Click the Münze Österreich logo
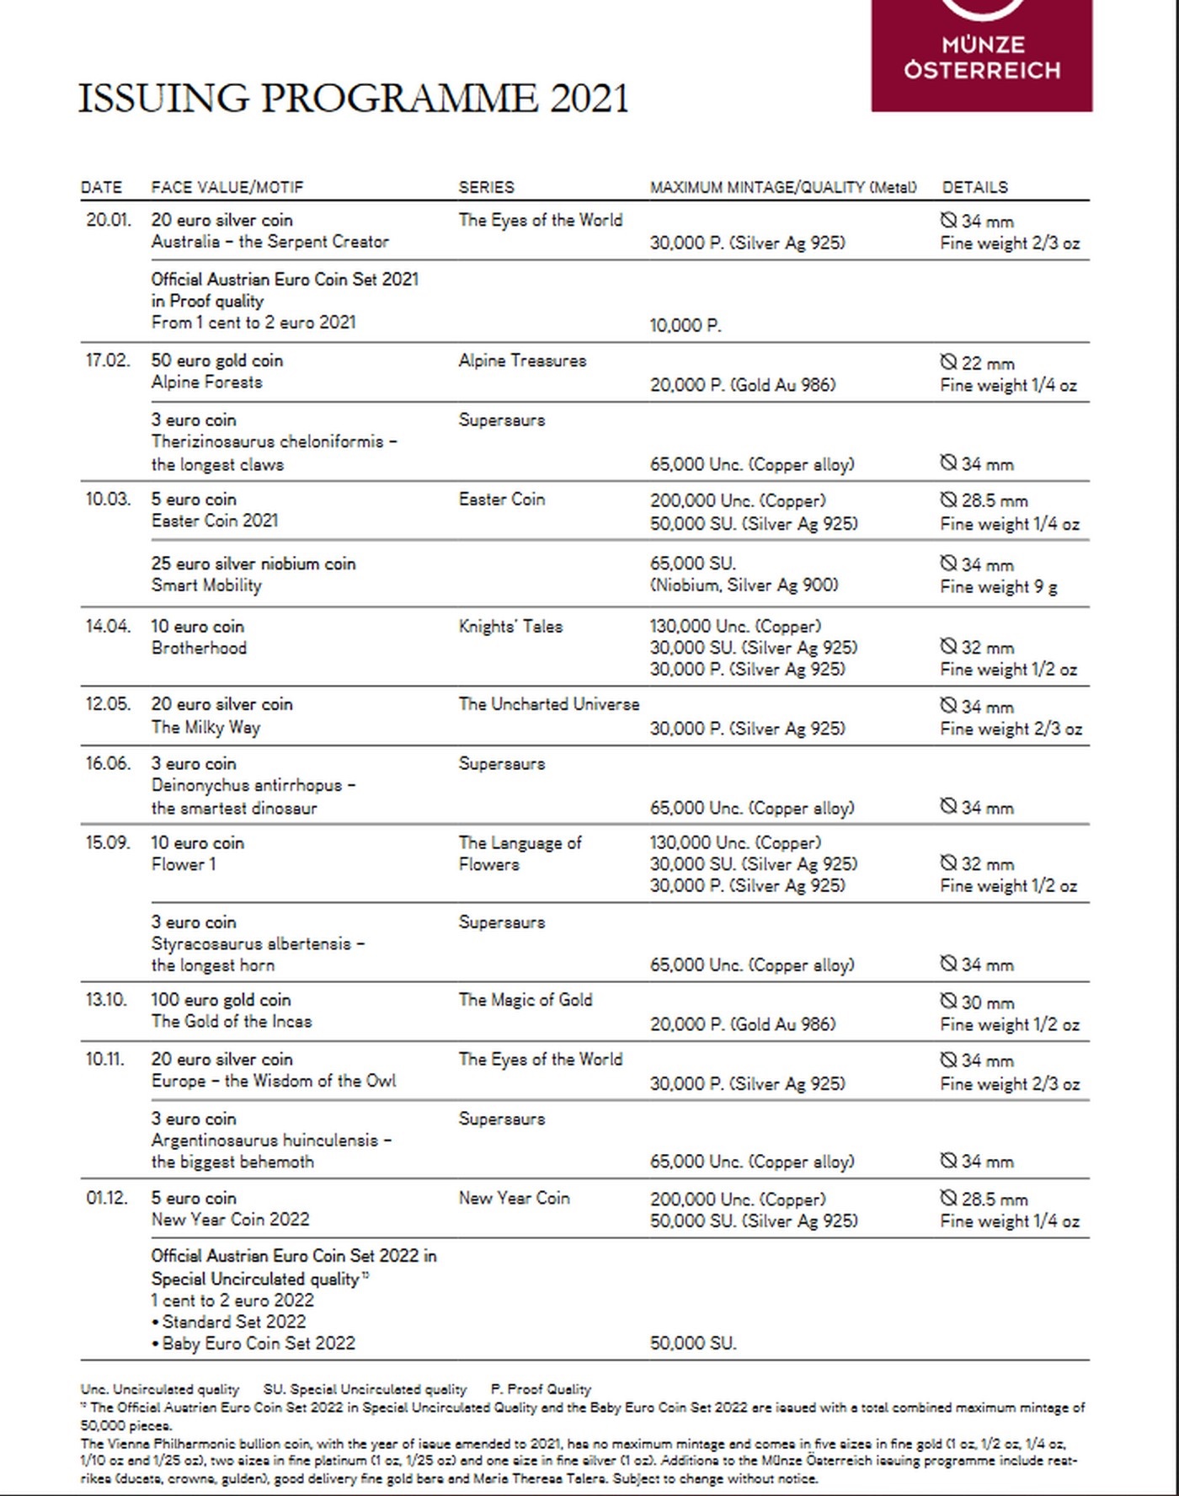pos(981,55)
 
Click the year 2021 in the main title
pos(589,99)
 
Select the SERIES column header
pos(486,187)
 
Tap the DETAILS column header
pos(974,187)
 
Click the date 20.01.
pos(109,220)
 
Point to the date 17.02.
pos(108,361)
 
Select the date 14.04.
pos(108,627)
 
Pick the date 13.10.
pos(106,1000)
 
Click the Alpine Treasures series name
pos(522,361)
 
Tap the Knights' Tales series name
pos(510,627)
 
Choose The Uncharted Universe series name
pos(548,704)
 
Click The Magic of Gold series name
pos(525,1000)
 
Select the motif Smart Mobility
pos(206,585)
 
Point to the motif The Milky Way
pos(205,727)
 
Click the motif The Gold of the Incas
pos(232,1022)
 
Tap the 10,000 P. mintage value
pos(686,325)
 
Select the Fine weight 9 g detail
pos(999,587)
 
